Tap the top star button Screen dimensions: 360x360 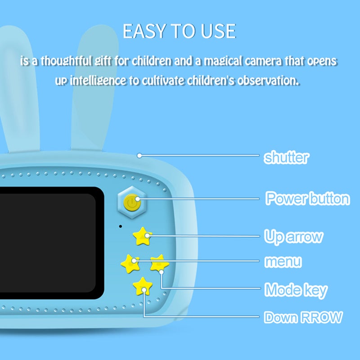142,236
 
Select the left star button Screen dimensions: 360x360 130,264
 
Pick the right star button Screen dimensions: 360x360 160,263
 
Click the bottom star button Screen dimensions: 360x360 143,286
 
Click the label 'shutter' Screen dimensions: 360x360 286,157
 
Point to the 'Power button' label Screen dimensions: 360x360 307,198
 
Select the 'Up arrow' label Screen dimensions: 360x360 293,237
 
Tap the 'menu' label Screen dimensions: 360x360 283,261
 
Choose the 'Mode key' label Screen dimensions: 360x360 296,290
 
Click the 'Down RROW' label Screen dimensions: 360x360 303,317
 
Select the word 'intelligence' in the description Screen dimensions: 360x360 98,81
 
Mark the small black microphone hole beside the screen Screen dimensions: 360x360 120,226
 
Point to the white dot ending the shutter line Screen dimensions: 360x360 139,156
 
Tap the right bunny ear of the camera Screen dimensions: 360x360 95,87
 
